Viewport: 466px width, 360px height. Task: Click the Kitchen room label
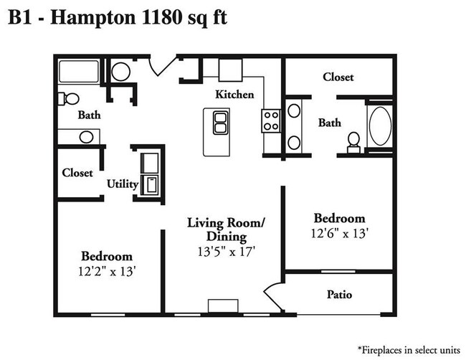(235, 94)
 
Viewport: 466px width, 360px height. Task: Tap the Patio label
(339, 294)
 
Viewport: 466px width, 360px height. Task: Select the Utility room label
(123, 184)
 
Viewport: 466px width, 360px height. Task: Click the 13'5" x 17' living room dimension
(227, 252)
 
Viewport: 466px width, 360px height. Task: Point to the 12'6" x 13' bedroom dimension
(340, 233)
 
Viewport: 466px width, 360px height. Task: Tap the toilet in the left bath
(69, 98)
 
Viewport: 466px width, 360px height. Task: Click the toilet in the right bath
(353, 141)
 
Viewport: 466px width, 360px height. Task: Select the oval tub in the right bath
(379, 126)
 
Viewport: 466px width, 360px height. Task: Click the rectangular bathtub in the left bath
(80, 72)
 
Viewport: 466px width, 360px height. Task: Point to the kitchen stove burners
(271, 120)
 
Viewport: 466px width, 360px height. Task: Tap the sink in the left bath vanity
(85, 136)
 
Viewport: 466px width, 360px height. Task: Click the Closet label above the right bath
(338, 77)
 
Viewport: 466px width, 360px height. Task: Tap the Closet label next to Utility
(77, 173)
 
